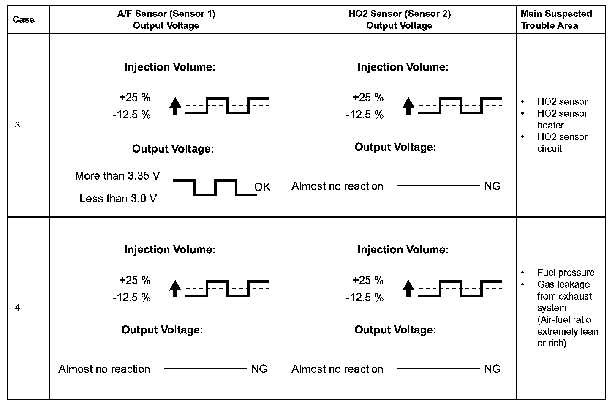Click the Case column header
click(24, 19)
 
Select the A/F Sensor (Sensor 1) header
click(166, 19)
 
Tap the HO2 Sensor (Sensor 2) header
click(399, 19)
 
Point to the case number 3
click(17, 126)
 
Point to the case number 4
click(17, 308)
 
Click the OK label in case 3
click(262, 187)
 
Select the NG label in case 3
click(492, 186)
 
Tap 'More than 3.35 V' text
click(117, 176)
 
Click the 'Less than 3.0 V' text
click(118, 198)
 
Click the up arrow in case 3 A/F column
click(175, 106)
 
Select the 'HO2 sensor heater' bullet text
click(562, 119)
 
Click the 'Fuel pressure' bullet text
click(566, 273)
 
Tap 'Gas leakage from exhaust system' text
click(564, 296)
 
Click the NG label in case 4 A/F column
click(259, 369)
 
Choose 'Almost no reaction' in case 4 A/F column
click(104, 369)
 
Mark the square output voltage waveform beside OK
click(215, 187)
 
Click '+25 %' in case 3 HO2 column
click(368, 97)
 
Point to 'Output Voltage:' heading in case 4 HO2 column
click(395, 330)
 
